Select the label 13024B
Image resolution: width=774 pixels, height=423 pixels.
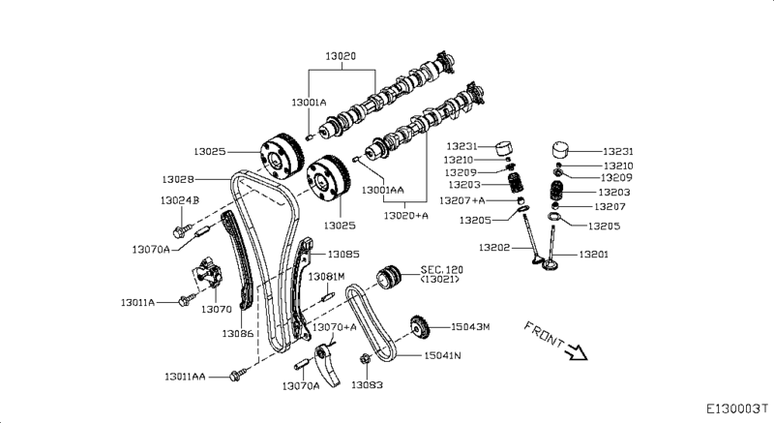[x=179, y=200]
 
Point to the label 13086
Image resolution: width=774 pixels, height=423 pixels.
[x=237, y=333]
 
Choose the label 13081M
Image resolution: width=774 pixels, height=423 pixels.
[x=326, y=277]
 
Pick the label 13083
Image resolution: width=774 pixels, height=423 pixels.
[x=366, y=384]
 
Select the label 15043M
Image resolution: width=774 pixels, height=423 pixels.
[x=471, y=327]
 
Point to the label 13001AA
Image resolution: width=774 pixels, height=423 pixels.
[x=383, y=191]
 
